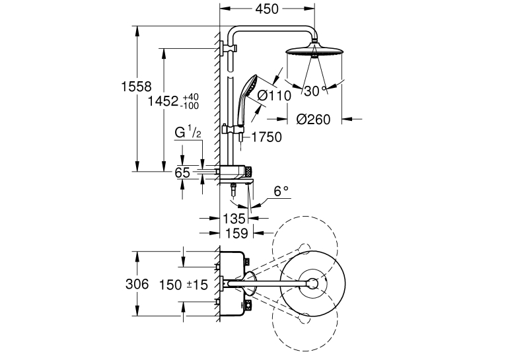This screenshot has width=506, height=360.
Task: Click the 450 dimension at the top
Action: (x=267, y=9)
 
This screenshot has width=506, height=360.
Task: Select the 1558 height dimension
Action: (x=137, y=87)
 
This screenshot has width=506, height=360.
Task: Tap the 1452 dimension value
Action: (x=163, y=101)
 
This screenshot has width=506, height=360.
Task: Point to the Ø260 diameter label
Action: (x=313, y=120)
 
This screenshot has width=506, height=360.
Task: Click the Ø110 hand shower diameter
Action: (x=274, y=96)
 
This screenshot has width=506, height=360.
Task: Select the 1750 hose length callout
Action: (x=266, y=137)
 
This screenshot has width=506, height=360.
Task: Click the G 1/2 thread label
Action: (x=188, y=131)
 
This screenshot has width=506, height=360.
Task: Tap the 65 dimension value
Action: (x=182, y=172)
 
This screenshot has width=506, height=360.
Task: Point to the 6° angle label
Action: (x=281, y=192)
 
